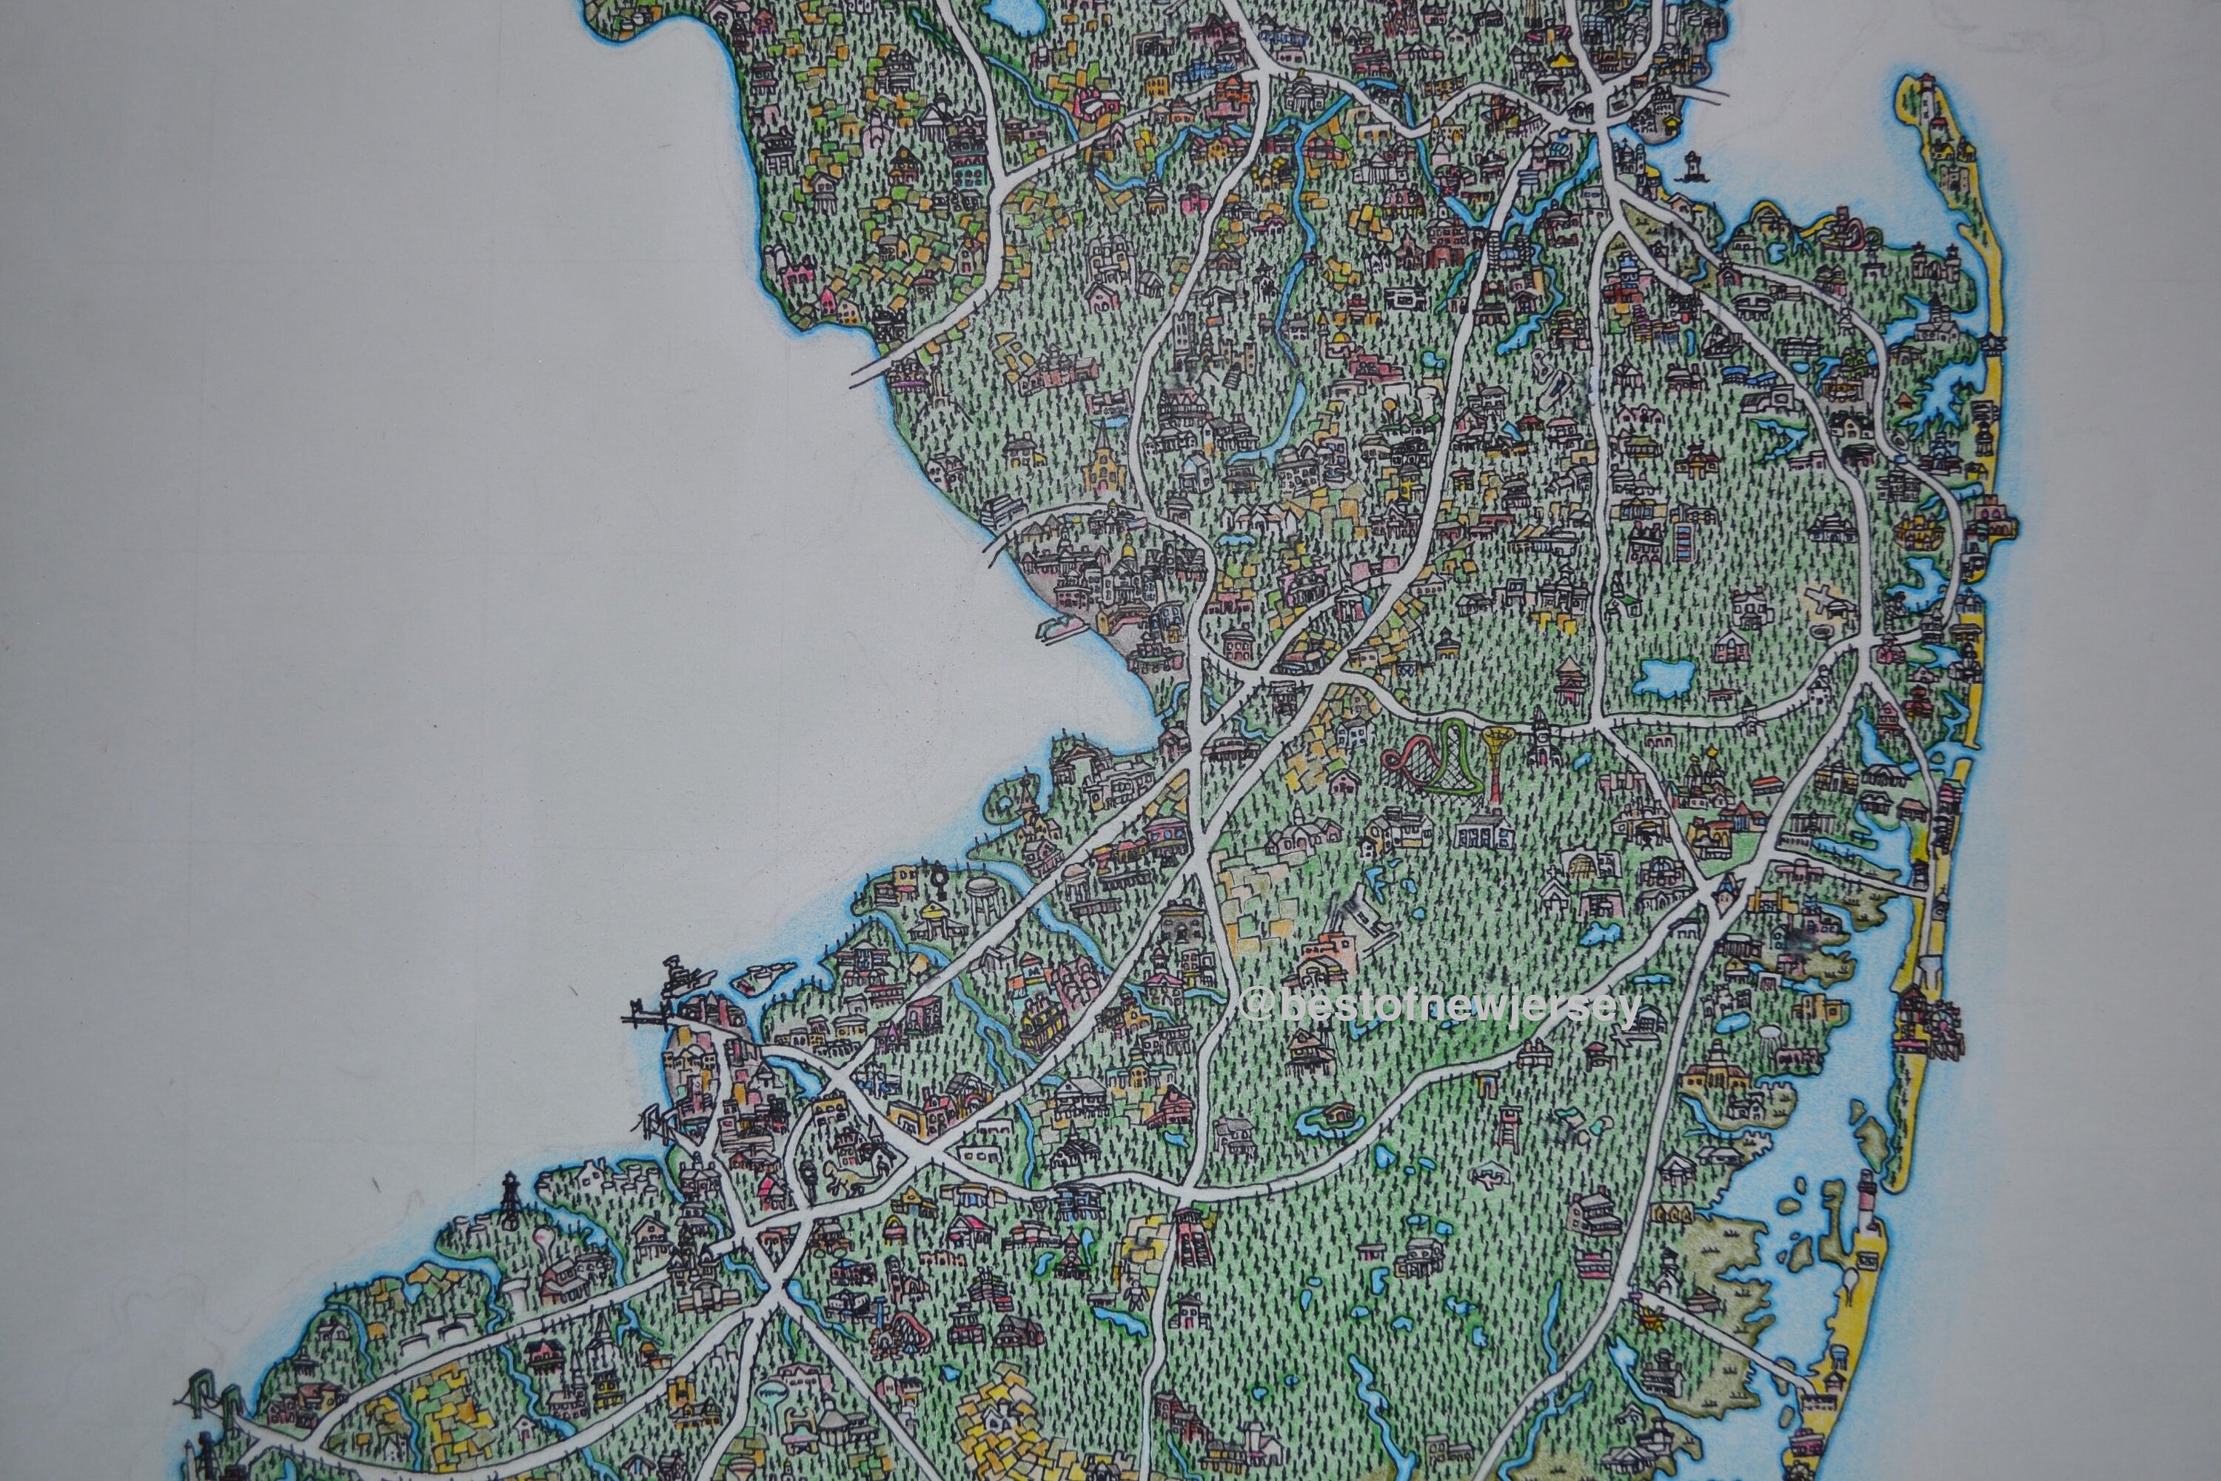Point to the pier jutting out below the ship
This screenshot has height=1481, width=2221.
(x=651, y=1020)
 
